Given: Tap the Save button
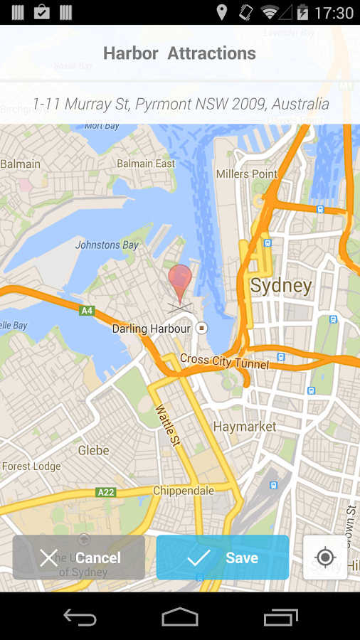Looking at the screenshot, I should pyautogui.click(x=223, y=558).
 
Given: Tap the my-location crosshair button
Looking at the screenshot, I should pyautogui.click(x=325, y=557).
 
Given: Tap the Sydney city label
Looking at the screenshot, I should pyautogui.click(x=281, y=286).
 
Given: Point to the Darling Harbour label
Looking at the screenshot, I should pyautogui.click(x=152, y=329).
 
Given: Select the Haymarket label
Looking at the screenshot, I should pyautogui.click(x=245, y=427).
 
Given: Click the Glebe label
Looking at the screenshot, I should pyautogui.click(x=93, y=450).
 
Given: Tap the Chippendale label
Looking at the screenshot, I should pyautogui.click(x=184, y=491).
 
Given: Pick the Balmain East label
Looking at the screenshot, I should pyautogui.click(x=146, y=164).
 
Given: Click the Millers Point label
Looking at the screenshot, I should pyautogui.click(x=246, y=174).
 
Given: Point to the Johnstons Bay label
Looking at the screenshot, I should pyautogui.click(x=107, y=245).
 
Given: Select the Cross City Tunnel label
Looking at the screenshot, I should pyautogui.click(x=224, y=361).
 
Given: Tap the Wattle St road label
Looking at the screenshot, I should pyautogui.click(x=168, y=425).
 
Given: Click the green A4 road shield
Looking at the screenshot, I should pyautogui.click(x=87, y=310).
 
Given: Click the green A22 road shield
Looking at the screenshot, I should pyautogui.click(x=106, y=492).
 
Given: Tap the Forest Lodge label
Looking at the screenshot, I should pyautogui.click(x=31, y=466).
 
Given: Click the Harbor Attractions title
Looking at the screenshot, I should pyautogui.click(x=179, y=53).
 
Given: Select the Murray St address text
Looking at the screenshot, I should pyautogui.click(x=180, y=104).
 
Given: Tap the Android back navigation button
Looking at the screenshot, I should pyautogui.click(x=80, y=617).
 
